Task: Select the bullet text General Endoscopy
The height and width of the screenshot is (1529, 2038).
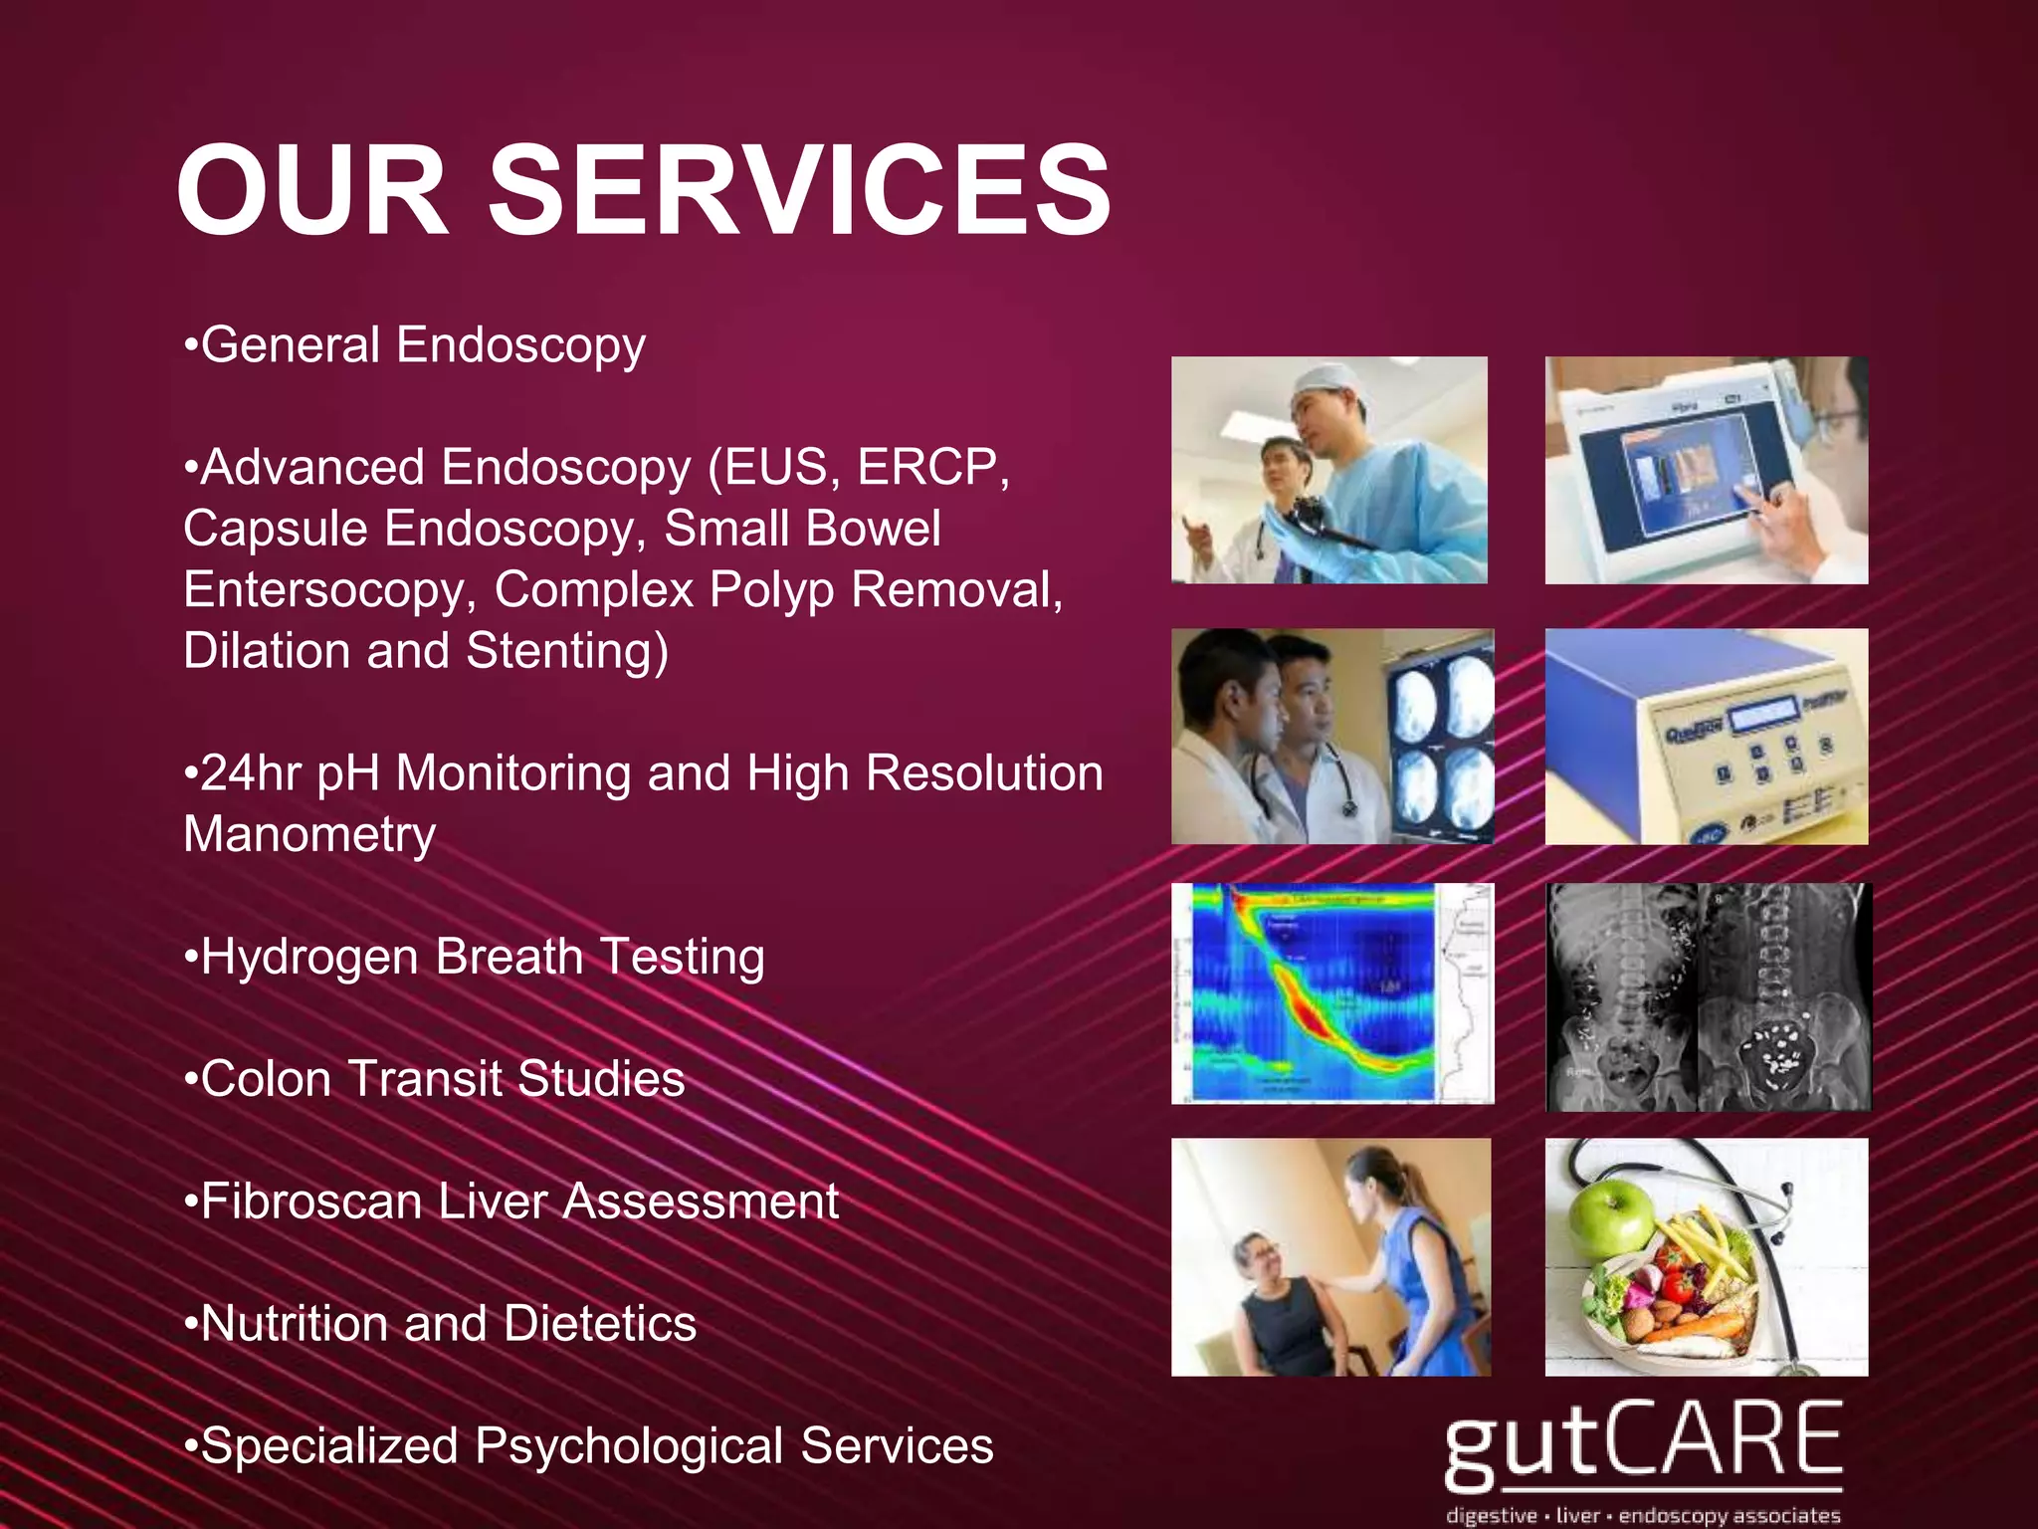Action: click(422, 345)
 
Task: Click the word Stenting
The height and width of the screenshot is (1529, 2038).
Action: click(566, 651)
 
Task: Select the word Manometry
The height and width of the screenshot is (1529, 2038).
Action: click(309, 834)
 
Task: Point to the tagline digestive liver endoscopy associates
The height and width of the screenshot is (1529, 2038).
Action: click(1642, 1515)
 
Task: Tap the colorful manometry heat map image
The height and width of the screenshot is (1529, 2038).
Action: click(1331, 993)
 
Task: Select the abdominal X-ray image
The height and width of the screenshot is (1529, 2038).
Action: click(1707, 996)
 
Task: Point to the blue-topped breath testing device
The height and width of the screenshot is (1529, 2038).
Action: click(1706, 737)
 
